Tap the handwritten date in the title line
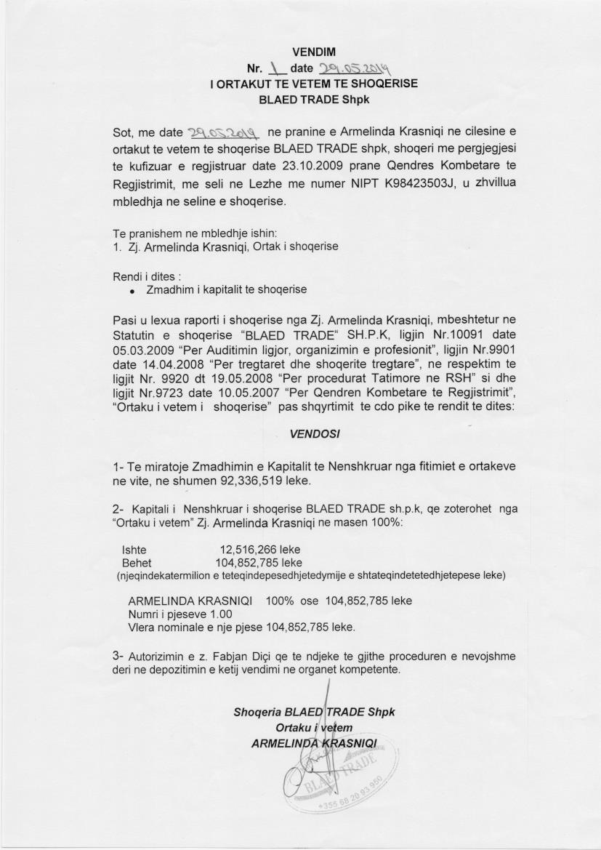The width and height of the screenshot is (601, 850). point(355,68)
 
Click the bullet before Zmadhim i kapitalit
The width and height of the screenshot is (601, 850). point(132,290)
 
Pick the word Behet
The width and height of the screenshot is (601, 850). point(137,563)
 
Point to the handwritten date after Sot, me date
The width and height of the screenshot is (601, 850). point(224,133)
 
